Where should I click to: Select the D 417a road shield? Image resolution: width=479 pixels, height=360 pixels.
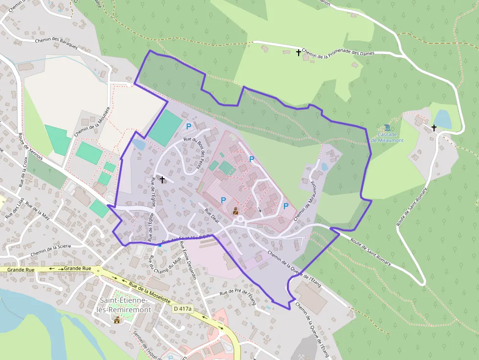click(x=183, y=309)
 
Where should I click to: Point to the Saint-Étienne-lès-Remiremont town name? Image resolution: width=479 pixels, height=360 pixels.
click(x=126, y=305)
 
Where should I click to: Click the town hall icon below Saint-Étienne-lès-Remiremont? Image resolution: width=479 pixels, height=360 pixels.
click(x=117, y=319)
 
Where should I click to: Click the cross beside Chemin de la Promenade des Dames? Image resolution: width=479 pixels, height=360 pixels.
click(x=299, y=52)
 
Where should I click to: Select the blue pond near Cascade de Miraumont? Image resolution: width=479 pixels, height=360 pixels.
click(x=443, y=119)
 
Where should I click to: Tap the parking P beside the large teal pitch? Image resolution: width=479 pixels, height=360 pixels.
click(x=188, y=126)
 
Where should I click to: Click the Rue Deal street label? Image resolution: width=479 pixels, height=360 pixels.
click(x=212, y=216)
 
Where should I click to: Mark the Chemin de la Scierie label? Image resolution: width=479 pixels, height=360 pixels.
click(x=51, y=250)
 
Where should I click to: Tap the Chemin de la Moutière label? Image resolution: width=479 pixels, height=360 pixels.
click(x=91, y=122)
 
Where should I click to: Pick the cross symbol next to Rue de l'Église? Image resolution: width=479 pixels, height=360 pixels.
click(x=162, y=180)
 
